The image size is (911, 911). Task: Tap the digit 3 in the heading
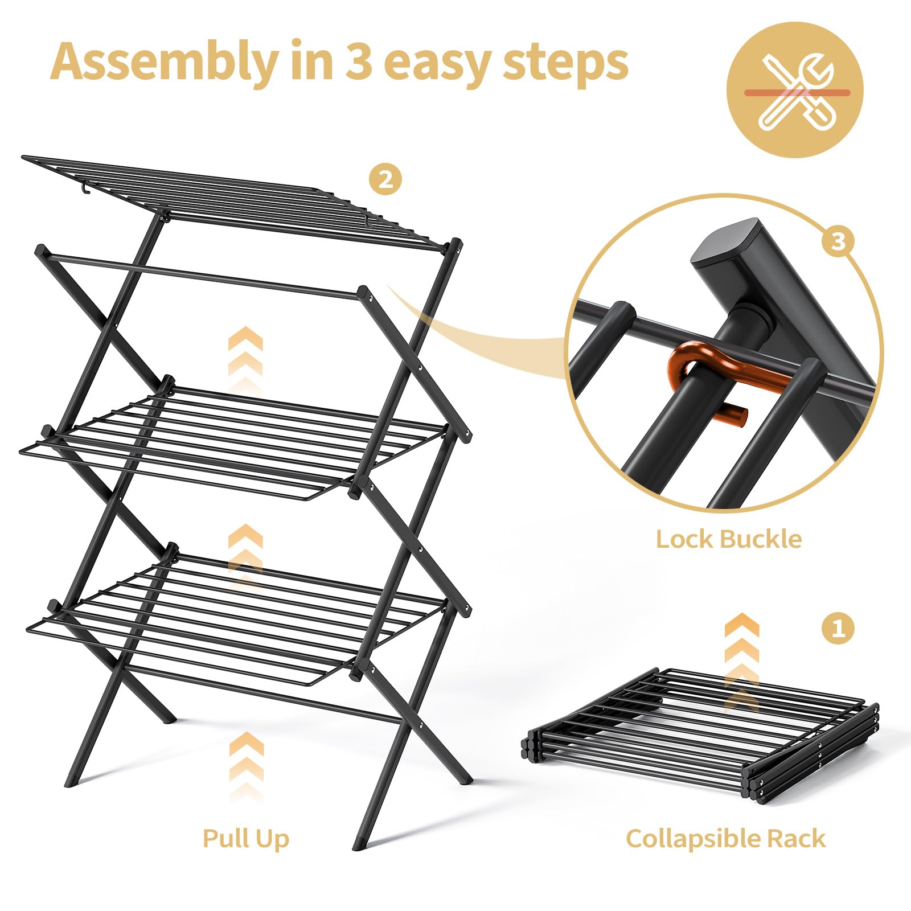[359, 61]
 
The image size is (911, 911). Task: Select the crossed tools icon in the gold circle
[795, 91]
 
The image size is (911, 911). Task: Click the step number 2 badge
[385, 180]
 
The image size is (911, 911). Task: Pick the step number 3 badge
[838, 241]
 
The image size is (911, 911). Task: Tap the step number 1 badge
[838, 629]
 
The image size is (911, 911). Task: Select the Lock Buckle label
[728, 539]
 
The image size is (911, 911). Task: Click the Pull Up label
[246, 839]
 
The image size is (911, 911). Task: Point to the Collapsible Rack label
[725, 839]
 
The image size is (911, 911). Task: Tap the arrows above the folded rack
[742, 660]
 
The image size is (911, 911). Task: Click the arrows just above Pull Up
[246, 766]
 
